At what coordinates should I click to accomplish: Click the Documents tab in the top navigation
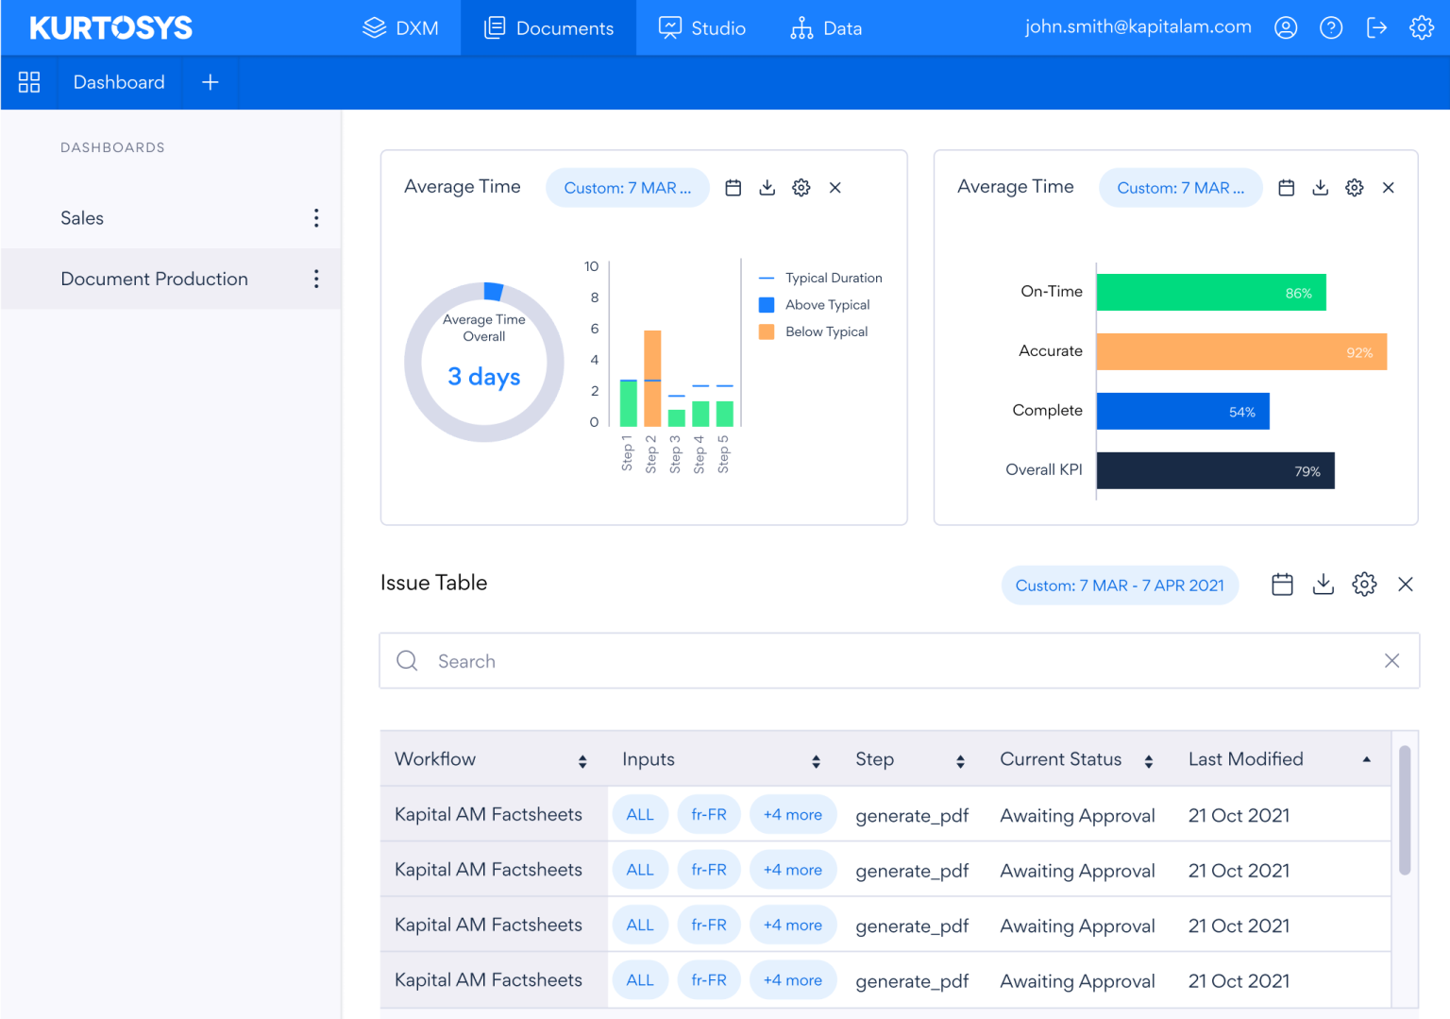[548, 28]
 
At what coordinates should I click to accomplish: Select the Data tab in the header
[826, 28]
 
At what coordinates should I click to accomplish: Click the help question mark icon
[1331, 28]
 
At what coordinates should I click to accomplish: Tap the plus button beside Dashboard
[210, 83]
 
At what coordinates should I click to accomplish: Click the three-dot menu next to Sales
[316, 218]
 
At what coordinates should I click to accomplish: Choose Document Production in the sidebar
[154, 279]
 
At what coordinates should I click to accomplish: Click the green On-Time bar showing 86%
[1210, 293]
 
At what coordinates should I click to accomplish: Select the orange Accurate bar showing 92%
[1240, 351]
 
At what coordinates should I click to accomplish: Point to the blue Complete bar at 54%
[1182, 412]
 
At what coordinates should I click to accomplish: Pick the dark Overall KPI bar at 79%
[1215, 470]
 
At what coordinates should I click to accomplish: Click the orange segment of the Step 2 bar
[652, 355]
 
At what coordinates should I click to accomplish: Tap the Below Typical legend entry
[825, 331]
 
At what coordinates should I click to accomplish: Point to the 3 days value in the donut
[484, 377]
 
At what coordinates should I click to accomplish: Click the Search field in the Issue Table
[897, 661]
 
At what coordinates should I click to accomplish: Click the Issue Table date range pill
[1120, 586]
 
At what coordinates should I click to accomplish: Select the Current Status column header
[1061, 759]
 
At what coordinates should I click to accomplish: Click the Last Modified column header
[1245, 759]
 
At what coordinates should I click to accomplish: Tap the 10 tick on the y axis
[591, 266]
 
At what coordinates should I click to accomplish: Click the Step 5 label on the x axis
[723, 453]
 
